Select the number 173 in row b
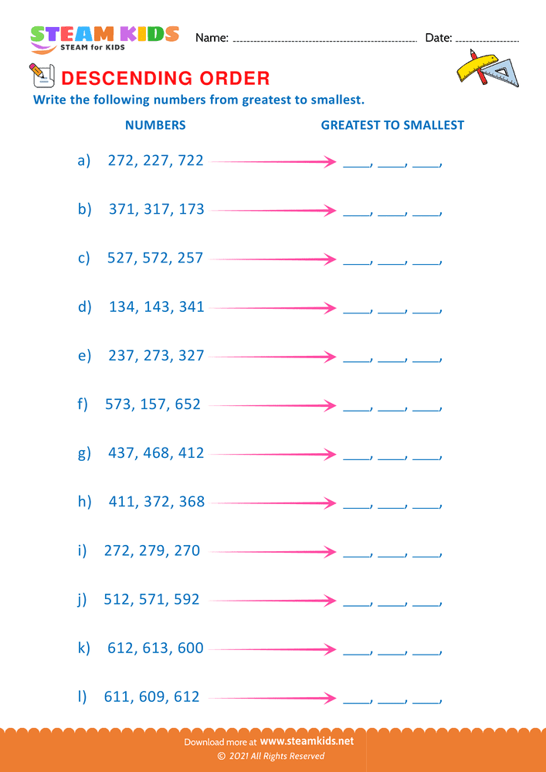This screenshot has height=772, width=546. [x=191, y=209]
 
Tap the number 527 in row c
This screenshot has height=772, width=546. [x=121, y=258]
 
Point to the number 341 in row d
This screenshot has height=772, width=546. [x=191, y=306]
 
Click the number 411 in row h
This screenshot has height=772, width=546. [x=122, y=502]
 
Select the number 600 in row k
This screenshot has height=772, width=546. [x=190, y=648]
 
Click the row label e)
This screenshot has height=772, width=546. [x=84, y=355]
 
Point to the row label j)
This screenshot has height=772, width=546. [x=83, y=600]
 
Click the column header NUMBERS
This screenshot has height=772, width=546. [x=155, y=124]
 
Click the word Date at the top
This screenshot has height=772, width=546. [x=438, y=38]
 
